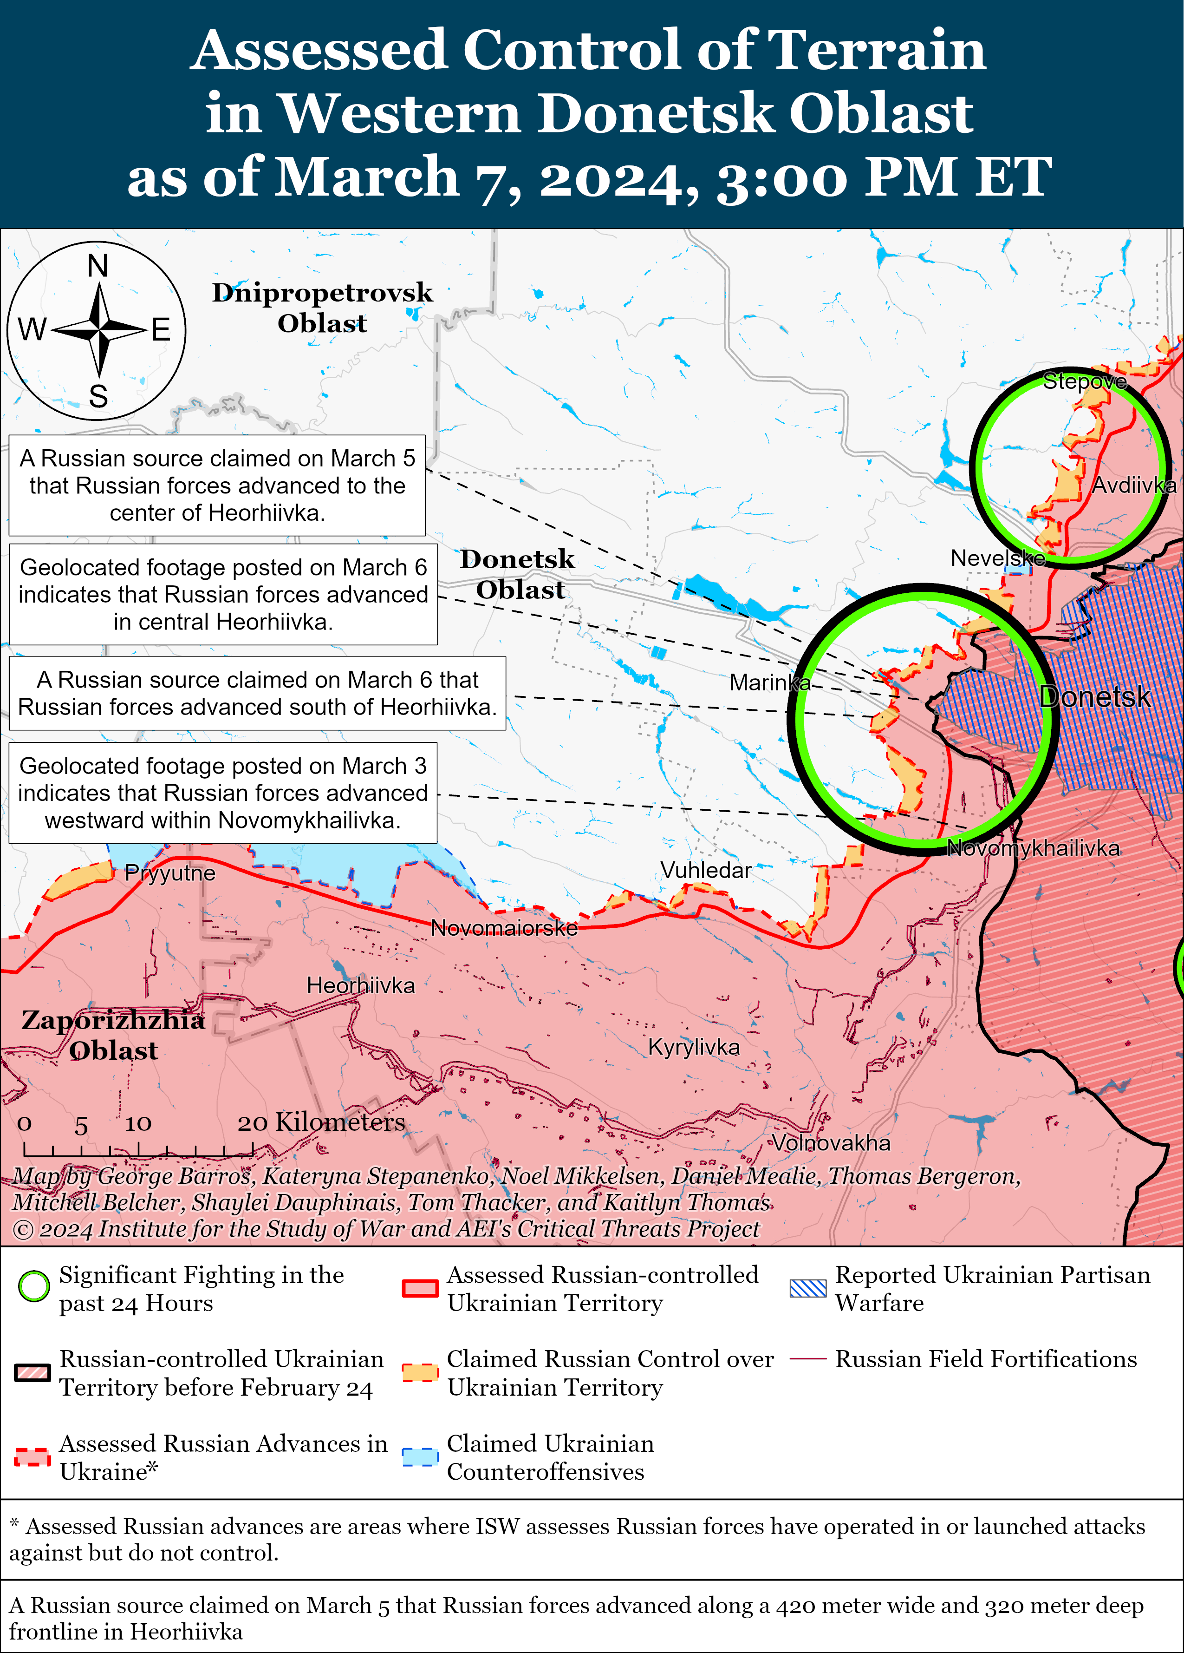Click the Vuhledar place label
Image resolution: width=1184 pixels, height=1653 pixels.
[x=705, y=870]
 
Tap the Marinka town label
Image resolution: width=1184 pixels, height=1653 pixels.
[x=769, y=683]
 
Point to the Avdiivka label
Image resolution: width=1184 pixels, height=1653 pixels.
[x=1133, y=485]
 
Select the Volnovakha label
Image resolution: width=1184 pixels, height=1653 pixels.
[x=831, y=1142]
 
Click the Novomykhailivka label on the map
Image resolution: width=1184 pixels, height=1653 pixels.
[x=1033, y=848]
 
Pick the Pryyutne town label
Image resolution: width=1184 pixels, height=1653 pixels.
[x=170, y=873]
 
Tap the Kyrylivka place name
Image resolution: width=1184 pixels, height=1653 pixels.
[x=694, y=1047]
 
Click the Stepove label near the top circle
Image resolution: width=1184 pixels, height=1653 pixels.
[x=1084, y=381]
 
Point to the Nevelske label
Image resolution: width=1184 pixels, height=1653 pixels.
[x=997, y=558]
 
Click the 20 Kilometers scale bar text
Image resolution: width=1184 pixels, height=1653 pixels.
[x=320, y=1122]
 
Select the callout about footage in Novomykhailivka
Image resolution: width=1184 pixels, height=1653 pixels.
[x=223, y=793]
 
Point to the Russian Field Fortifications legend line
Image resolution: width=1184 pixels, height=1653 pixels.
[x=808, y=1359]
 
